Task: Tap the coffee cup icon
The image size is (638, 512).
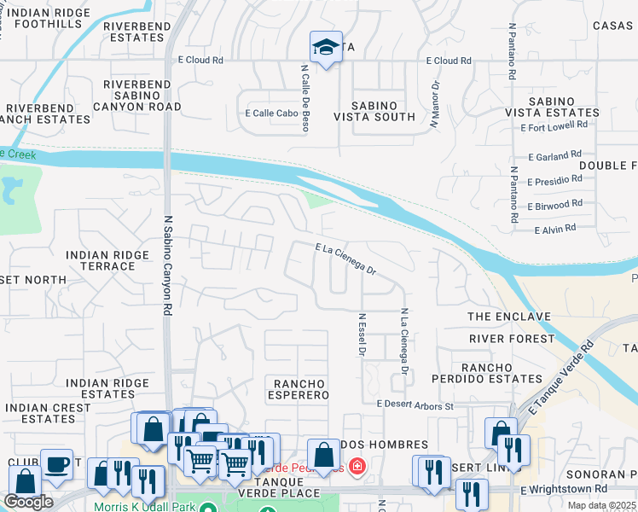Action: (x=57, y=464)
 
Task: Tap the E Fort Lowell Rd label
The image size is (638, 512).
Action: (x=554, y=125)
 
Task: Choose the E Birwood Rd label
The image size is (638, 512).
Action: (x=554, y=205)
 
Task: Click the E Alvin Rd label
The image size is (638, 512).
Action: (x=555, y=229)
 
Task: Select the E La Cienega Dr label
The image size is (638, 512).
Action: (x=345, y=258)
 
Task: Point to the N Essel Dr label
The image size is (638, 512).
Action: (x=362, y=335)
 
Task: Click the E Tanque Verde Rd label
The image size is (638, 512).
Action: (x=560, y=380)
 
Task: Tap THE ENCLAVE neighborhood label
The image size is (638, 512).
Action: (x=509, y=317)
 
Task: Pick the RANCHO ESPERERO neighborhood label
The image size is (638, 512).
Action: (x=300, y=389)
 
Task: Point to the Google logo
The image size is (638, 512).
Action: (x=28, y=502)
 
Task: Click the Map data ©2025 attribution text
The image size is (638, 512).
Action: (x=600, y=505)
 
